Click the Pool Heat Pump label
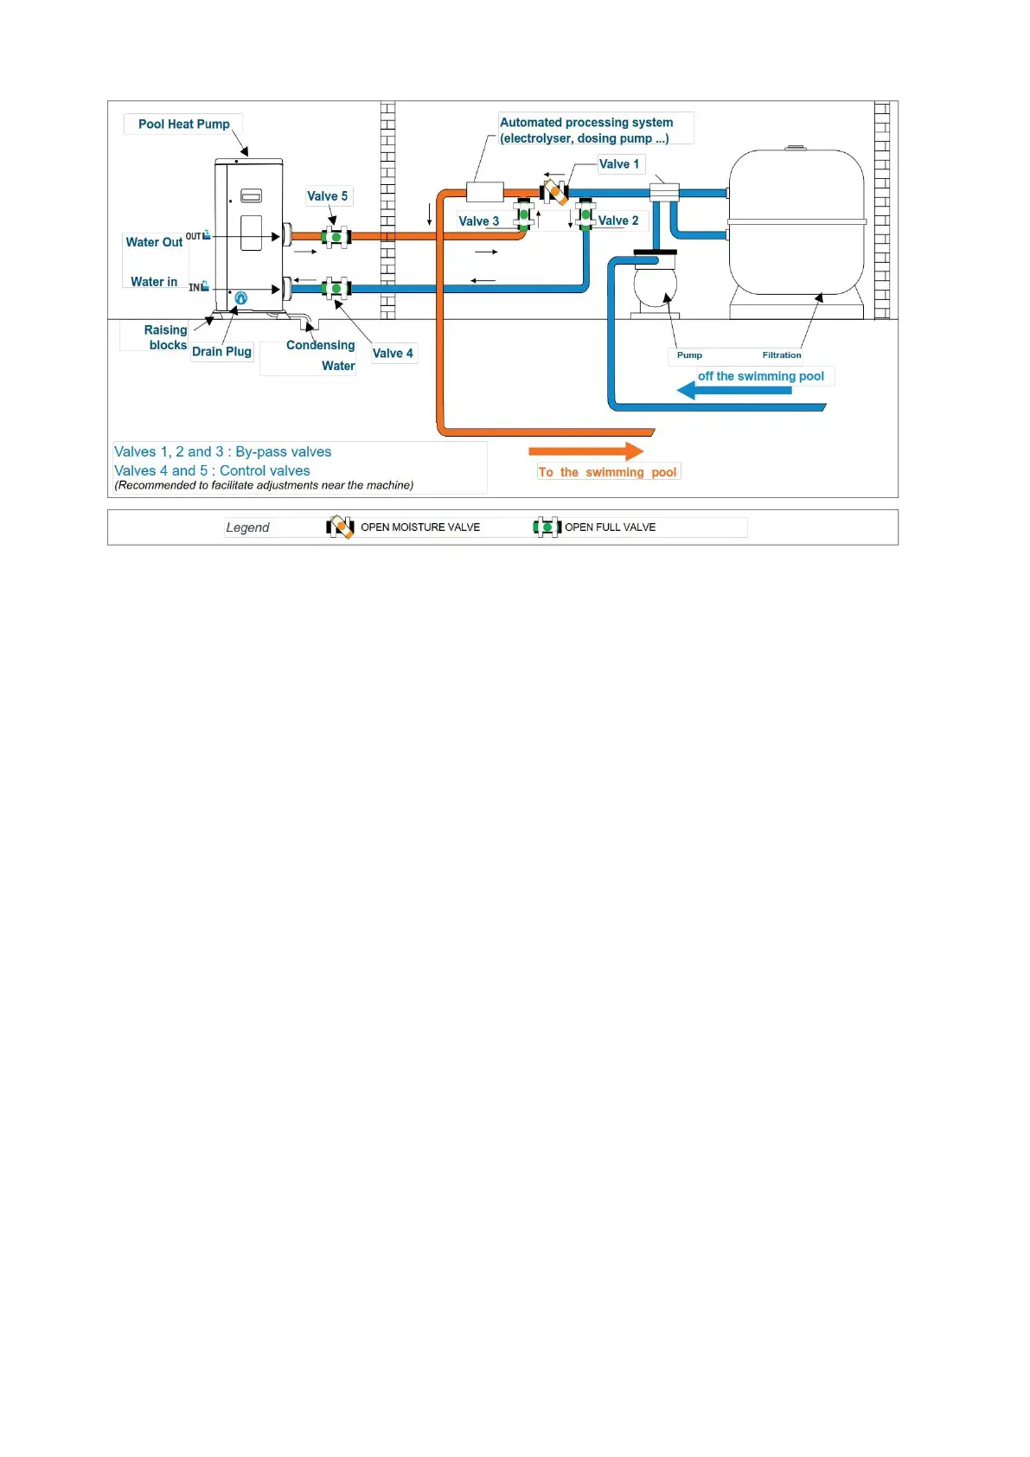pyautogui.click(x=183, y=125)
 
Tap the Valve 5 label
pyautogui.click(x=327, y=196)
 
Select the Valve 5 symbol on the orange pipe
pyautogui.click(x=336, y=236)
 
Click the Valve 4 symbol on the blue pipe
pyautogui.click(x=336, y=288)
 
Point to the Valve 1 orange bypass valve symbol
pyautogui.click(x=554, y=191)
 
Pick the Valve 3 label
pyautogui.click(x=478, y=221)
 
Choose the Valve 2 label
pyautogui.click(x=617, y=220)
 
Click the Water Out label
pyautogui.click(x=154, y=242)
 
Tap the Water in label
pyautogui.click(x=154, y=282)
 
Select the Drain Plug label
pyautogui.click(x=221, y=352)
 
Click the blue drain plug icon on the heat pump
pyautogui.click(x=241, y=298)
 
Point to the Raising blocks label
pyautogui.click(x=166, y=337)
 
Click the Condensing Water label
pyautogui.click(x=321, y=355)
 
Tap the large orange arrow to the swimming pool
pyautogui.click(x=585, y=451)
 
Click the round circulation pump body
pyautogui.click(x=655, y=284)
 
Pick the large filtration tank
pyautogui.click(x=796, y=225)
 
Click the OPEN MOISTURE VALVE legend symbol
pyautogui.click(x=340, y=527)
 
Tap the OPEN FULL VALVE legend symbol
pyautogui.click(x=547, y=527)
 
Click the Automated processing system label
pyautogui.click(x=585, y=130)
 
